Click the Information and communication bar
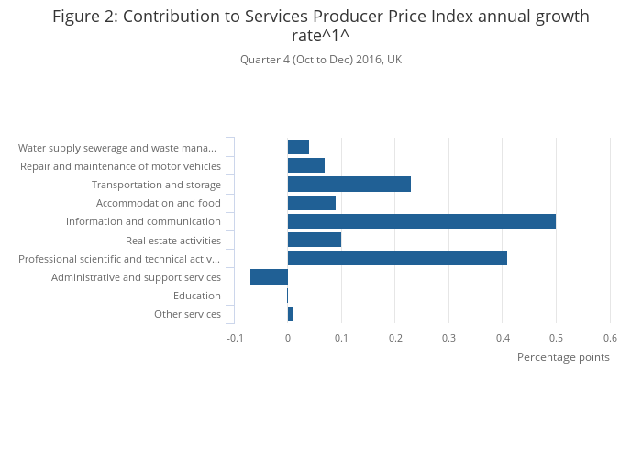coord(421,221)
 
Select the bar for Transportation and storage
coord(349,185)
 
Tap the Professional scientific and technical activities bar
coord(397,258)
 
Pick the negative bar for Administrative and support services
coord(269,277)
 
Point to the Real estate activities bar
coord(314,240)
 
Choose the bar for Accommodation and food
coord(311,203)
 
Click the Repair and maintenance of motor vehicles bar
coord(305,165)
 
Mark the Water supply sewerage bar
coord(298,147)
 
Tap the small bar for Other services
coord(290,314)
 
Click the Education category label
coord(196,296)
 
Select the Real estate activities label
coord(172,241)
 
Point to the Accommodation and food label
coord(158,203)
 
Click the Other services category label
coord(187,314)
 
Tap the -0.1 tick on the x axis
coord(234,338)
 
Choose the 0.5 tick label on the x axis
coord(556,338)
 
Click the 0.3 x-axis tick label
coord(448,338)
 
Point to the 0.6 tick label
coord(609,338)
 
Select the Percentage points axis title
coord(563,357)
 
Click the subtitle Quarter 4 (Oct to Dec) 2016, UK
coord(321,60)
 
